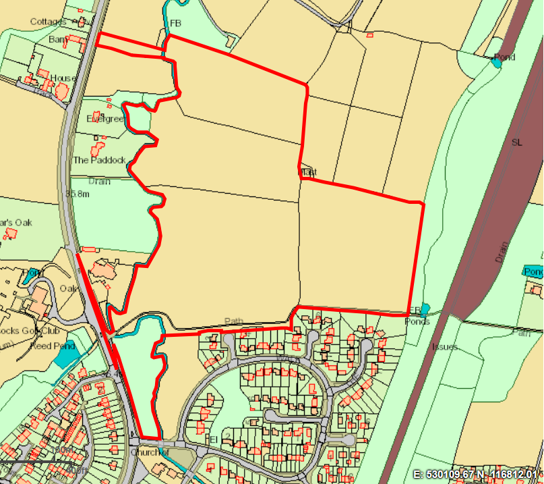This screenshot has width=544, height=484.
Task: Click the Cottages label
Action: (x=48, y=22)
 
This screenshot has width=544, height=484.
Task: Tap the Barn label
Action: (x=58, y=40)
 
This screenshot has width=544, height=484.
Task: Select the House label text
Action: (x=62, y=78)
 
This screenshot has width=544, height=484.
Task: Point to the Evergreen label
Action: (x=106, y=119)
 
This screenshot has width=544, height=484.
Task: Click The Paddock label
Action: (x=99, y=160)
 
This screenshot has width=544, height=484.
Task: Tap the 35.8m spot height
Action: (x=78, y=194)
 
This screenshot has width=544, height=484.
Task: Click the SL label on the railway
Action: (x=516, y=142)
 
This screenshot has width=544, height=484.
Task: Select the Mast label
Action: (x=308, y=173)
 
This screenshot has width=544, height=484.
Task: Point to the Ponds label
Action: (x=417, y=321)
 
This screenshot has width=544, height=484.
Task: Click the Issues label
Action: (x=445, y=346)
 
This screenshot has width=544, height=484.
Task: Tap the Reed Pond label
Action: (x=53, y=346)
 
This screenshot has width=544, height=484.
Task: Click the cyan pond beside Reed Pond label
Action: (x=67, y=355)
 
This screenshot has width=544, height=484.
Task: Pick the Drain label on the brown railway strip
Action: (x=500, y=252)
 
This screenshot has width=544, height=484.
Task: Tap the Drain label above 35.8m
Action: (x=99, y=181)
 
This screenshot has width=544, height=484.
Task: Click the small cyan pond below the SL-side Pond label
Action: (x=497, y=63)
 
